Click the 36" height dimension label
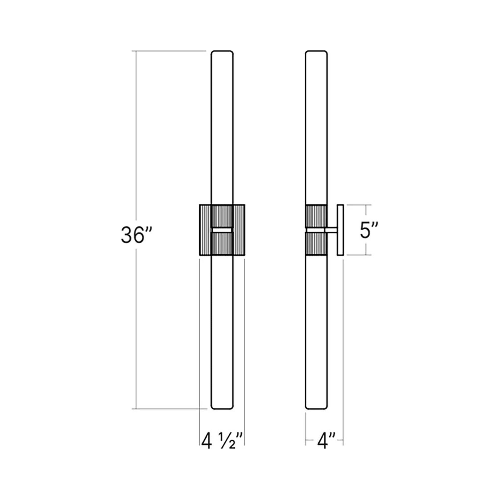pos(137,235)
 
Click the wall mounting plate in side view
pos(340,230)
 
